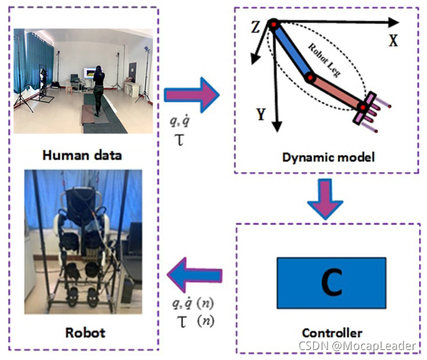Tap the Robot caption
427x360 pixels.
pos(85,332)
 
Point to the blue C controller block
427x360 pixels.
pos(330,282)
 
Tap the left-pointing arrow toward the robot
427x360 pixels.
pos(193,275)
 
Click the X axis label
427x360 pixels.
pos(392,41)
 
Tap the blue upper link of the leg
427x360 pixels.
pos(292,51)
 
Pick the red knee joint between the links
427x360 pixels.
pos(310,75)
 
